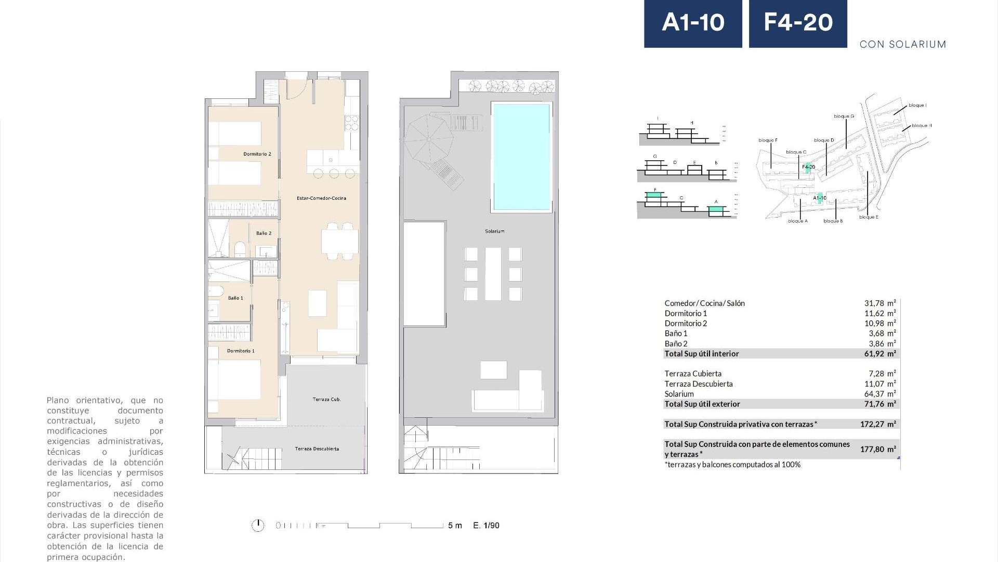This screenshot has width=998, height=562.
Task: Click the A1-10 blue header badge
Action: click(693, 23)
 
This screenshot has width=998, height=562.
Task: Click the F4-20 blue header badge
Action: click(798, 23)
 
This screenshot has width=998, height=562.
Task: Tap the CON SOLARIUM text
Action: click(902, 44)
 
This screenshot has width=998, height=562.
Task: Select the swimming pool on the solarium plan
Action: click(521, 157)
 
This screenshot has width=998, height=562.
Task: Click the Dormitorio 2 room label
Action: click(257, 154)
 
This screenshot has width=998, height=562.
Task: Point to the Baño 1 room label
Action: click(235, 298)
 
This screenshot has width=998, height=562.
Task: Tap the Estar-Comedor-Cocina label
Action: click(321, 198)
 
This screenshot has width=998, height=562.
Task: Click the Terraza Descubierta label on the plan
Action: click(317, 449)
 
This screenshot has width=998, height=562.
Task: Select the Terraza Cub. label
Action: click(326, 400)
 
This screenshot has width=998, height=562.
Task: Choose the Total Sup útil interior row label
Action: click(701, 354)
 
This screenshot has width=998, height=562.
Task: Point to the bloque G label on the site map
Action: click(844, 116)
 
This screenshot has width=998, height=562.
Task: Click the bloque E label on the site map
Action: click(869, 217)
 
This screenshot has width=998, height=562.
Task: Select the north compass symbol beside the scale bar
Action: click(258, 526)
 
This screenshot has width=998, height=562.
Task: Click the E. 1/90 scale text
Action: click(486, 526)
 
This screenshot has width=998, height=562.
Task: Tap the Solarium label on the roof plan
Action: click(495, 231)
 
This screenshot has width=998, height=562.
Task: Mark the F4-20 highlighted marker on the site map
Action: click(808, 168)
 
